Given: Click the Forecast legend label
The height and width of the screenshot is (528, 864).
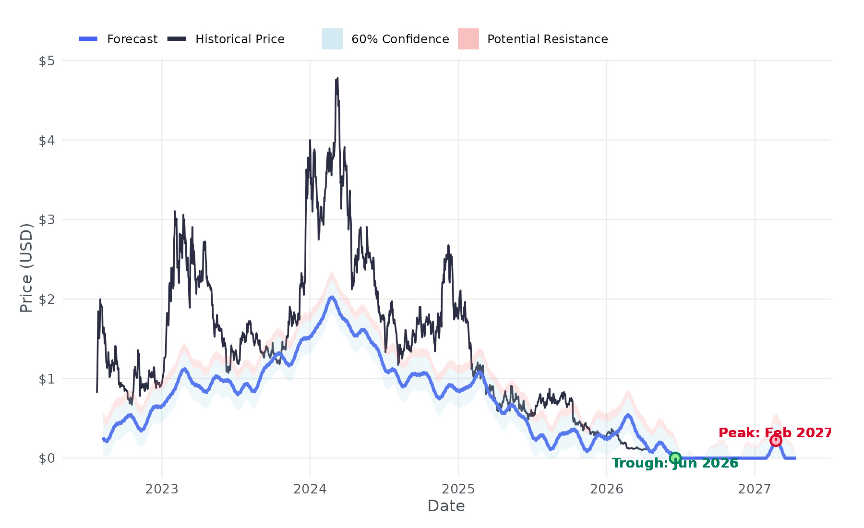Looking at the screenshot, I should (x=132, y=39).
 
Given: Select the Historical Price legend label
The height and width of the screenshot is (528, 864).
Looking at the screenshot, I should (x=240, y=39).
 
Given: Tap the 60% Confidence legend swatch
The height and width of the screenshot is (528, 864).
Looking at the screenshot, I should (x=332, y=39).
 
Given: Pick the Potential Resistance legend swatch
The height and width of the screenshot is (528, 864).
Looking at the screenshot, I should (x=468, y=39).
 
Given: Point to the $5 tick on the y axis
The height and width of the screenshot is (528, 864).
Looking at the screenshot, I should (x=47, y=61).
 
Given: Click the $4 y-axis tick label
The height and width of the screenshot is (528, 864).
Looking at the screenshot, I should (x=47, y=141).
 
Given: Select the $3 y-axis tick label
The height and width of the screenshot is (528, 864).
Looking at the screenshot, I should (x=47, y=220).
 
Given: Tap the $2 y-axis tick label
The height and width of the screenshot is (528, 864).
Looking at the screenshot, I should (x=47, y=300).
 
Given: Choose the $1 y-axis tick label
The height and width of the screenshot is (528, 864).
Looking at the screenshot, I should (x=47, y=379).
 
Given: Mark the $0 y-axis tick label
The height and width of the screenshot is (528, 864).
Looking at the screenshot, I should (x=47, y=458).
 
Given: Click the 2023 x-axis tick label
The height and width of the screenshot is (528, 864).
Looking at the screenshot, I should (x=162, y=489).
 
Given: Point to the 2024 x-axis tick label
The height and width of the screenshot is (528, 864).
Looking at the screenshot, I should (x=310, y=489).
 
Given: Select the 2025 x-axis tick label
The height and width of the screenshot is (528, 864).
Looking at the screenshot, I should (x=458, y=489).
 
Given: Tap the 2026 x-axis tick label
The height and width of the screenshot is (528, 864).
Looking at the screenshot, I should (x=607, y=489).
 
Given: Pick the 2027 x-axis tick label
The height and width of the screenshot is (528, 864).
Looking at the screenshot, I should (x=755, y=489).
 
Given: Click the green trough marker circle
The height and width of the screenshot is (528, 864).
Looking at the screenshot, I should (x=675, y=458).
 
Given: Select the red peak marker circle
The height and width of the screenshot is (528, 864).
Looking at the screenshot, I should (x=776, y=441).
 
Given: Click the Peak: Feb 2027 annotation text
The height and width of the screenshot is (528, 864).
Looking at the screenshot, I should (x=775, y=433).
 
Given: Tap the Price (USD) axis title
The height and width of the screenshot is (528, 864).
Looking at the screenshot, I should (x=26, y=268).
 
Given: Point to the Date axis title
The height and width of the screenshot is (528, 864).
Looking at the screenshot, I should (x=446, y=506).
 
